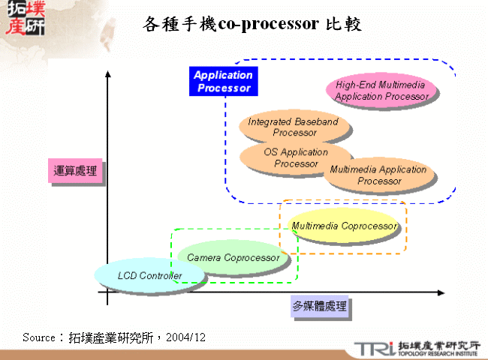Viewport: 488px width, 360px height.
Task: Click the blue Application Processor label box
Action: coord(223,81)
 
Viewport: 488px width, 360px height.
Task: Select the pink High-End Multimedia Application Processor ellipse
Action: coord(381,91)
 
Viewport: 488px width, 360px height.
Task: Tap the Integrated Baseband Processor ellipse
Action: coord(294,127)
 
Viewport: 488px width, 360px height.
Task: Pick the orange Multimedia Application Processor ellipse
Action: coord(379,175)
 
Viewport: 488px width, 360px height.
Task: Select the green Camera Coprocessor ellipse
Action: coord(233,257)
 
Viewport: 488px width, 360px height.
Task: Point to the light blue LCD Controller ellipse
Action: coord(149,275)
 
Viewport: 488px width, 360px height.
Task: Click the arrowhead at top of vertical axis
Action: coord(108,73)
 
